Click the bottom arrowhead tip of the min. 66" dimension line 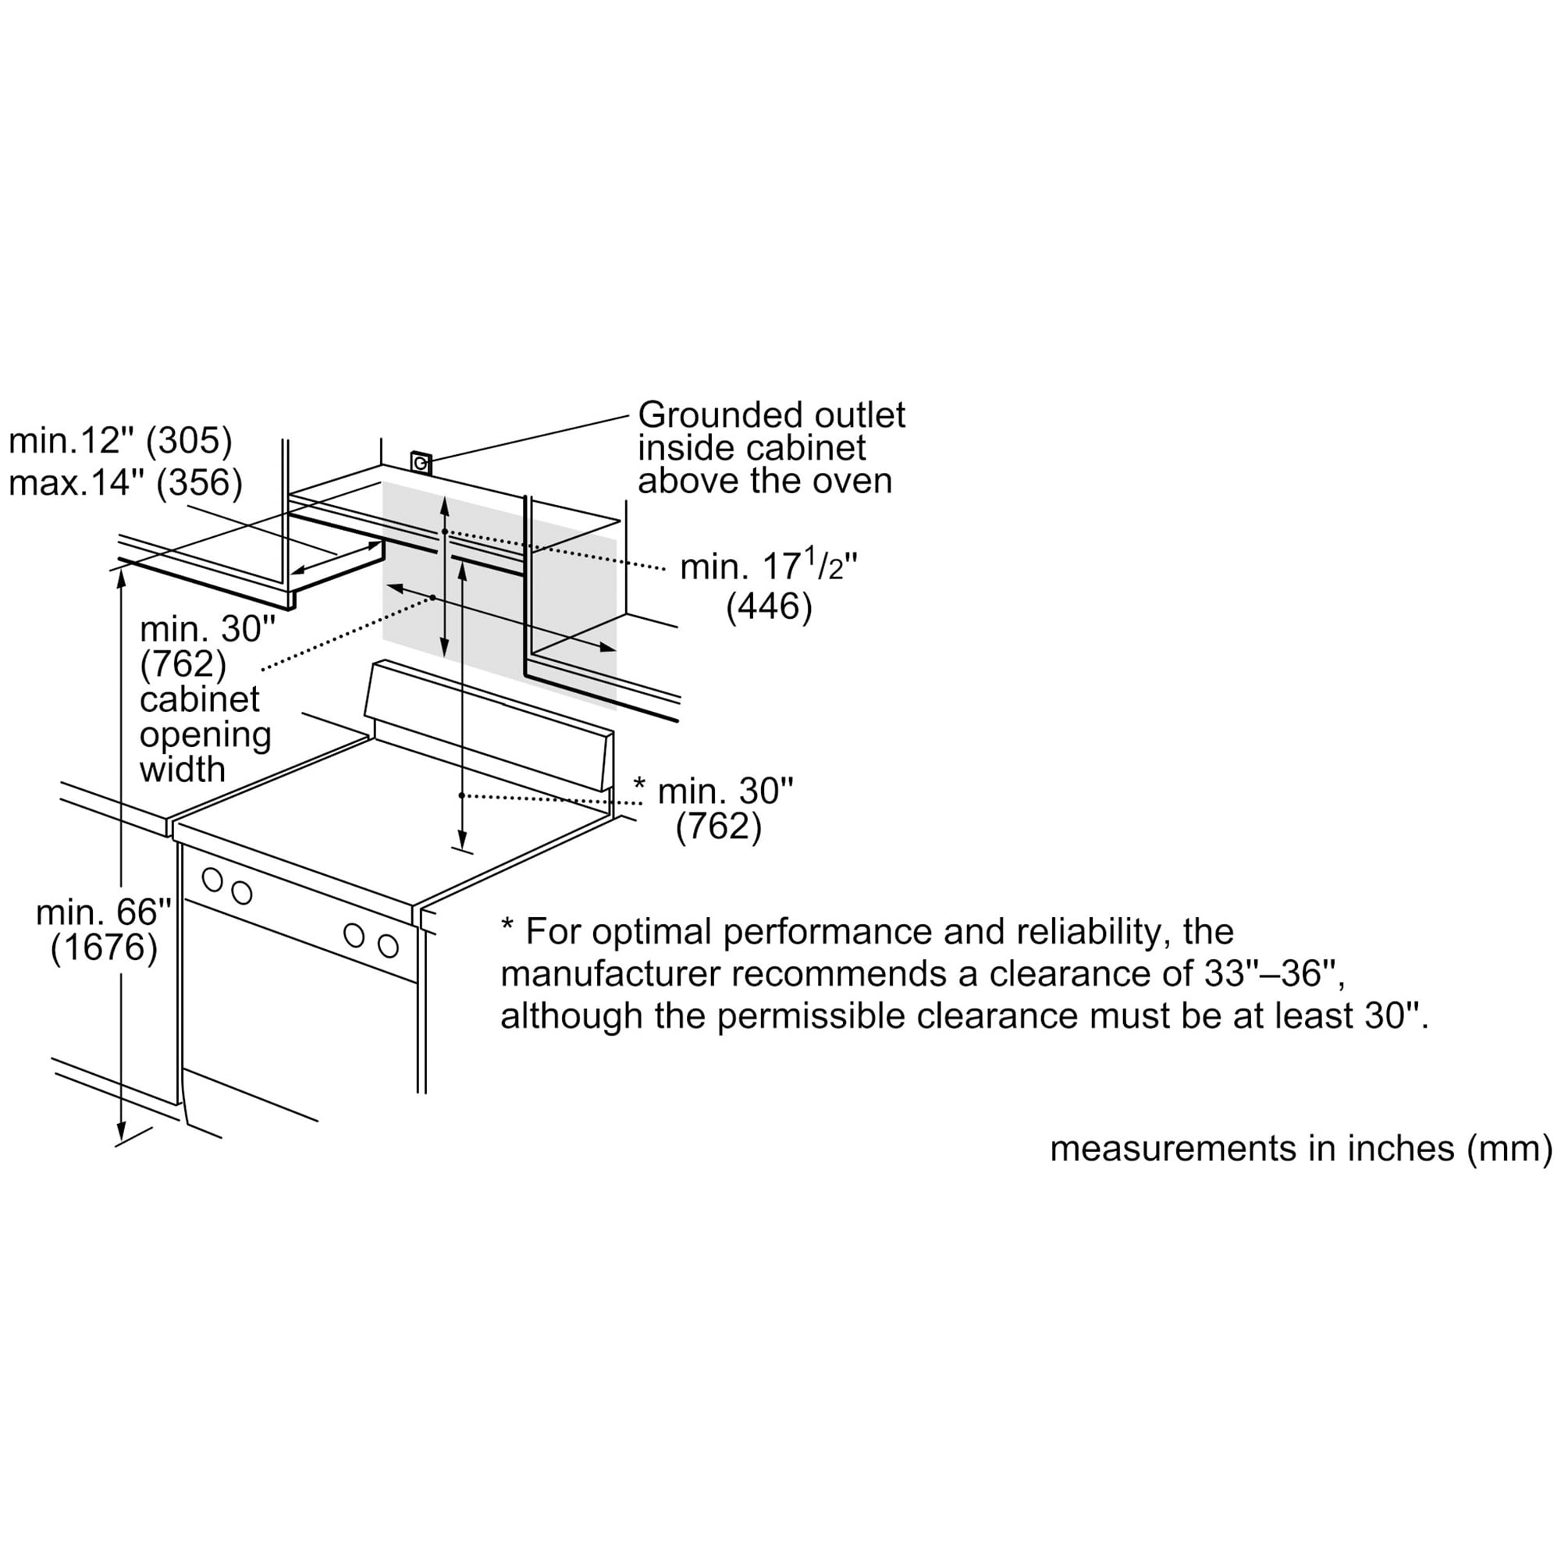[120, 1142]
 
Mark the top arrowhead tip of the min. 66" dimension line [120, 569]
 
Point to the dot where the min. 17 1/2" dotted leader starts [444, 532]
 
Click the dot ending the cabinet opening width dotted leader [433, 598]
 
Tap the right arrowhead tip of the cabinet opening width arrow [617, 649]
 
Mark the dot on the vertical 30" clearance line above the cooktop [461, 795]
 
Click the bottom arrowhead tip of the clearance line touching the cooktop [461, 848]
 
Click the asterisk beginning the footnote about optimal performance [507, 924]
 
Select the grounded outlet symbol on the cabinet [421, 463]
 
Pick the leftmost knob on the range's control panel [212, 879]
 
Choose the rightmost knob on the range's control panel [389, 946]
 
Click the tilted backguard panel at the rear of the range [489, 724]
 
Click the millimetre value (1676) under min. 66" [105, 948]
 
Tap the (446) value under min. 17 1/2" [768, 606]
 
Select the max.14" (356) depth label [125, 482]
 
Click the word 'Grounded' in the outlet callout [720, 415]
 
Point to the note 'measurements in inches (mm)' [1301, 1149]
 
